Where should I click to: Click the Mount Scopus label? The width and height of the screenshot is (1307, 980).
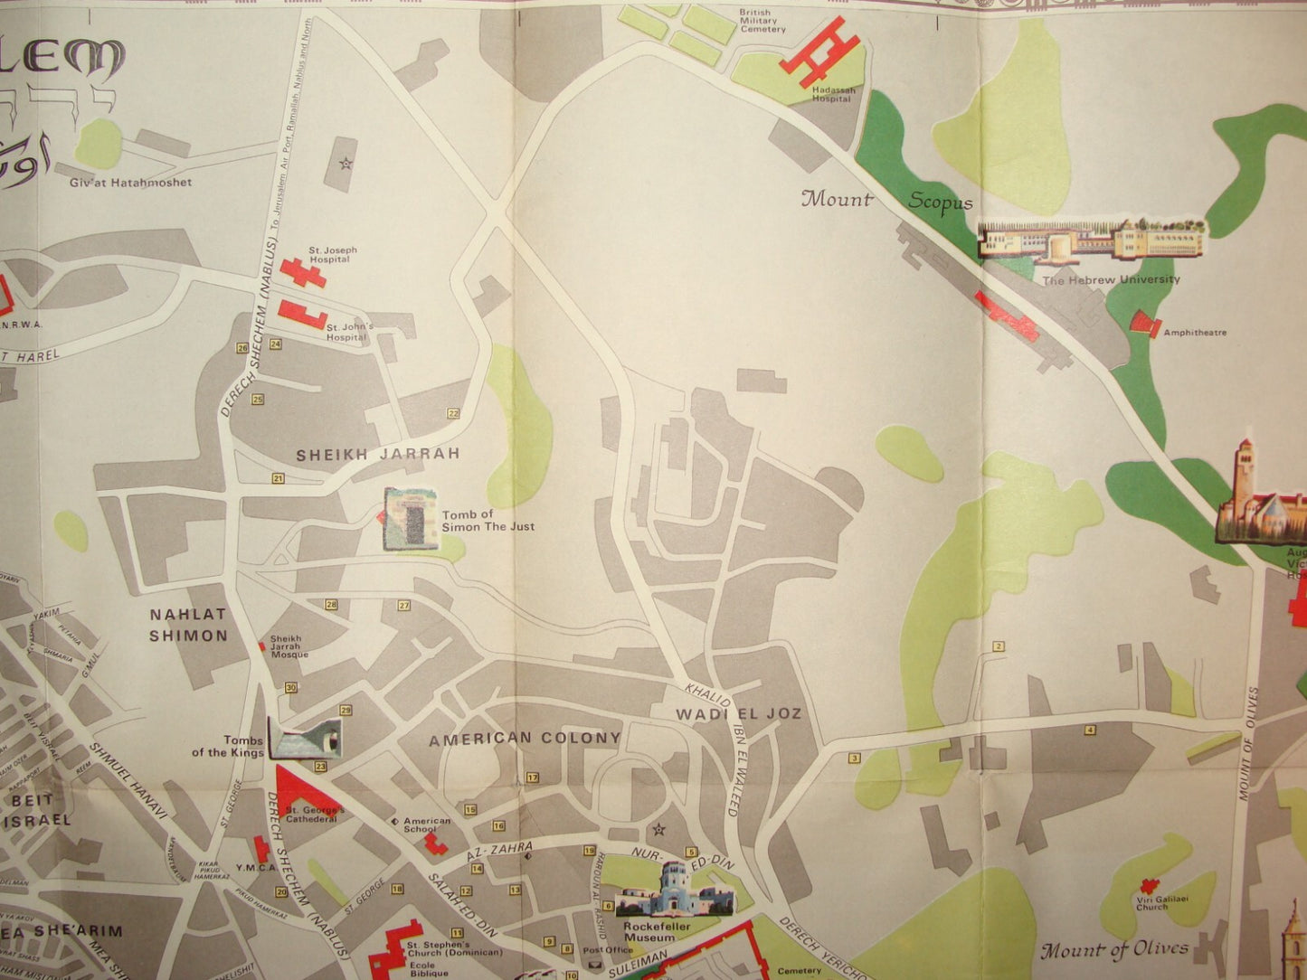886,201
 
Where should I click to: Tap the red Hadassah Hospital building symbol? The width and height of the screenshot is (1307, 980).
819,51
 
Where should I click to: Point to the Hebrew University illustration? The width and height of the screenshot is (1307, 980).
1092,240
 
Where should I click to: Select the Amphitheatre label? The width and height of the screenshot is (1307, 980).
1195,333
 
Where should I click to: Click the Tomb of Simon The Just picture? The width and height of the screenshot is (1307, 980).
411,518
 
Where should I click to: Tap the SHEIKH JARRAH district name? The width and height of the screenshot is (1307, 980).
378,454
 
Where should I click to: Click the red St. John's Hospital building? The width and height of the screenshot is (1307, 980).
301,315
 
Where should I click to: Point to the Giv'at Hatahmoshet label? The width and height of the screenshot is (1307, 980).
130,183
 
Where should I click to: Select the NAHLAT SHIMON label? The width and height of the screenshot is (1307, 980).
188,625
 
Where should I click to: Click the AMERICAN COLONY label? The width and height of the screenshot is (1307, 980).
525,739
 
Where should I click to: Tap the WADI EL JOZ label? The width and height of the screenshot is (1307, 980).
739,714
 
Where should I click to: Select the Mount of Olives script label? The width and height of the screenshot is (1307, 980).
1114,949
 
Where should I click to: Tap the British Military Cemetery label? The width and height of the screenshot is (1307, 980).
762,22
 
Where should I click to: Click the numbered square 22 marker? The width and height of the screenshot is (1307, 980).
453,413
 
